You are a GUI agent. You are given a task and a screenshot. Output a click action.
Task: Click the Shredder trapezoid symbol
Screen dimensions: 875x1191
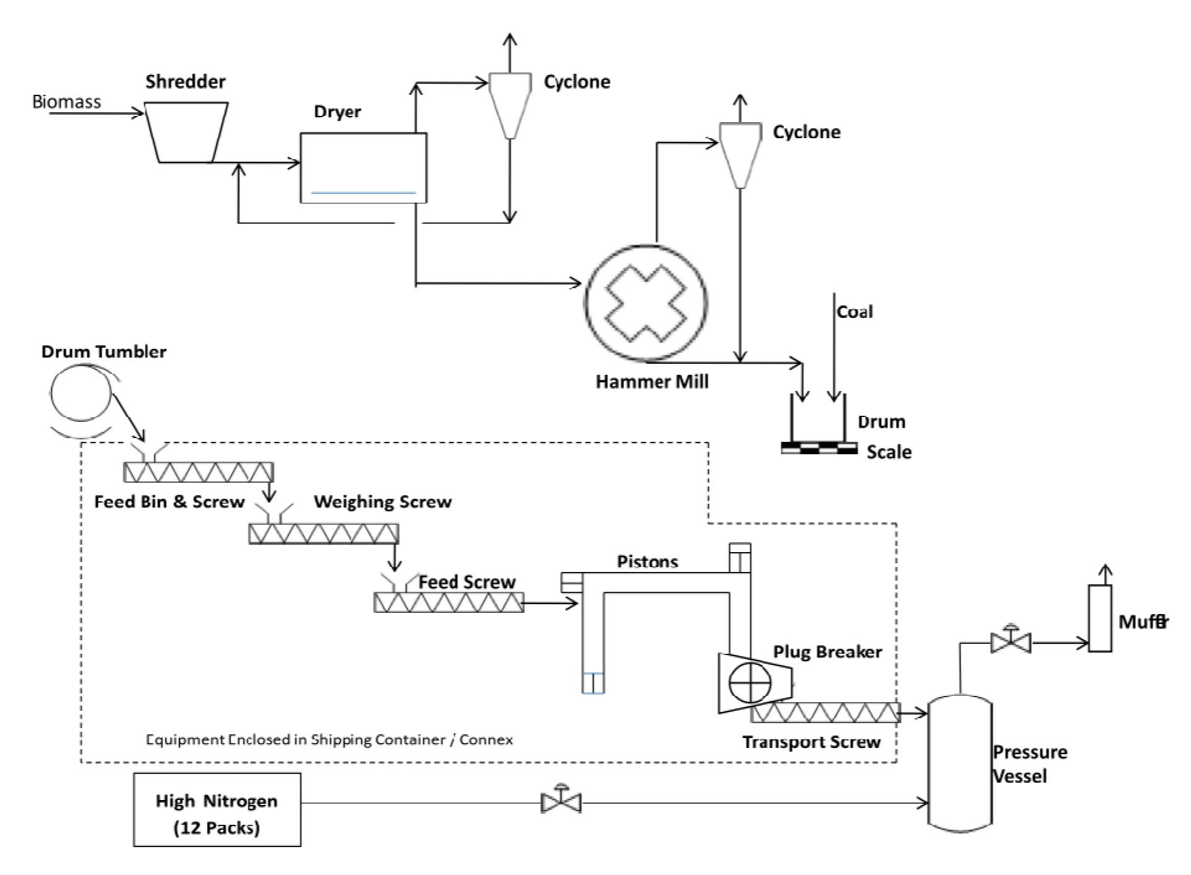pyautogui.click(x=186, y=132)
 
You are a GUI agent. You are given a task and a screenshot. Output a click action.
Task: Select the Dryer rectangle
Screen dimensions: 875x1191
pyautogui.click(x=364, y=167)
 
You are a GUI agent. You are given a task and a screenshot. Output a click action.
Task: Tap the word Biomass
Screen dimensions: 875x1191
pyautogui.click(x=66, y=102)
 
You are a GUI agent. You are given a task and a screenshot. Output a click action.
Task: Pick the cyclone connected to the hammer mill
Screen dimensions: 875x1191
pyautogui.click(x=740, y=154)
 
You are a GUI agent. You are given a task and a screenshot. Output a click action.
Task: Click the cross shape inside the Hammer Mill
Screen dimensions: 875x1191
pyautogui.click(x=645, y=303)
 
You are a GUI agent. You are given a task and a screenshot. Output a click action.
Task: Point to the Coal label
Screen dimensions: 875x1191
pyautogui.click(x=855, y=312)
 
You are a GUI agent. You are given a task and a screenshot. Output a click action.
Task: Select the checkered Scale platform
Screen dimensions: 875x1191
pyautogui.click(x=819, y=448)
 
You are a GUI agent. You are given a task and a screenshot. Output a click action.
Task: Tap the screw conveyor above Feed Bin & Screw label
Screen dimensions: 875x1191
pyautogui.click(x=198, y=473)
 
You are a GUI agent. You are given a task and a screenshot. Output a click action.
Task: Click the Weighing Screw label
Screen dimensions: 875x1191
pyautogui.click(x=383, y=502)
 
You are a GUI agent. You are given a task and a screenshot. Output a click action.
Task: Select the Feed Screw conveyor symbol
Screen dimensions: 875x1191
pyautogui.click(x=448, y=602)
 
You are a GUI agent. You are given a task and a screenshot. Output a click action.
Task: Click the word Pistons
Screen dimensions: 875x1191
pyautogui.click(x=647, y=562)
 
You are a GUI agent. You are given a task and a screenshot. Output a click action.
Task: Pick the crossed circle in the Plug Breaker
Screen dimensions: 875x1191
pyautogui.click(x=750, y=683)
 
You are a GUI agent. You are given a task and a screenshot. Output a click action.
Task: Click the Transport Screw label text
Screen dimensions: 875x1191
pyautogui.click(x=811, y=742)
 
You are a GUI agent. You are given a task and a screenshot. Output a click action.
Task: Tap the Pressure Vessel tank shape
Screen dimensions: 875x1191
pyautogui.click(x=960, y=763)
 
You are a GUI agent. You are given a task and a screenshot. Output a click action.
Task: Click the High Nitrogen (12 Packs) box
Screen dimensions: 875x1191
pyautogui.click(x=217, y=809)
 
